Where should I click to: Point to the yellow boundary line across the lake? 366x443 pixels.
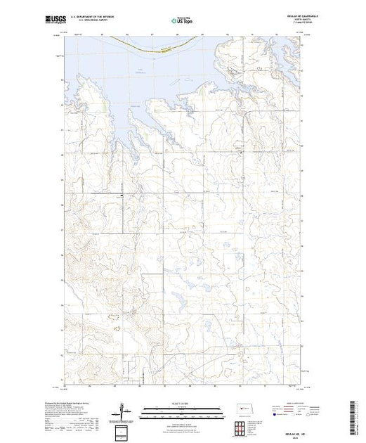click(162, 47)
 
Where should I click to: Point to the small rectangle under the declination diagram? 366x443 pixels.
click(126, 430)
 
